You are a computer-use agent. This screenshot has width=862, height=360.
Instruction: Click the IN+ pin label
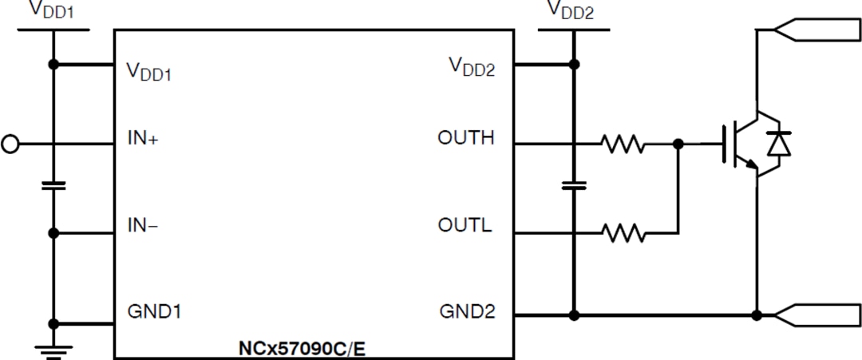point(143,138)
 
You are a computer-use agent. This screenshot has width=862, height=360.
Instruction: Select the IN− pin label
point(143,225)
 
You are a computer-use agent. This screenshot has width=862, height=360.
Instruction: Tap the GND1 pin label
point(154,311)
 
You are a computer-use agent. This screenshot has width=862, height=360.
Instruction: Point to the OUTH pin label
point(466,138)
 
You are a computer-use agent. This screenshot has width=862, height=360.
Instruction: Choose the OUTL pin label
point(465,225)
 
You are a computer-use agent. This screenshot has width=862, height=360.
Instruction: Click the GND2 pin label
point(468,311)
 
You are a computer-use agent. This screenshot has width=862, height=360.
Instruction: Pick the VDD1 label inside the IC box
point(149,71)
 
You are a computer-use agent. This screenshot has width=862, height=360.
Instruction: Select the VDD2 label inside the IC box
point(472,68)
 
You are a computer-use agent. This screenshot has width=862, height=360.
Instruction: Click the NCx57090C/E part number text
point(306,349)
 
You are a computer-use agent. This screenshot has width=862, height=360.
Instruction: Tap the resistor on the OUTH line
point(623,144)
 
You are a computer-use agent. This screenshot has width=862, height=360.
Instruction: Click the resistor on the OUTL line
point(623,233)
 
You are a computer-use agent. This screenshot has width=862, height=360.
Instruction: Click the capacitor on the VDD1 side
point(53,186)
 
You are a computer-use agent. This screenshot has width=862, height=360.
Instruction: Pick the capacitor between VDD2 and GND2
point(573,185)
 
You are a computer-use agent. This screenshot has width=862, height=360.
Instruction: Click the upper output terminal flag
point(817,30)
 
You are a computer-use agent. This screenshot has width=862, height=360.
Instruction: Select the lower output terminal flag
point(817,315)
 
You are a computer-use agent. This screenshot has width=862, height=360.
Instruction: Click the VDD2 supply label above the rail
point(570,10)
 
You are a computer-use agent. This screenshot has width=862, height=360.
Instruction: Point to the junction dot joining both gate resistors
point(678,144)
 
